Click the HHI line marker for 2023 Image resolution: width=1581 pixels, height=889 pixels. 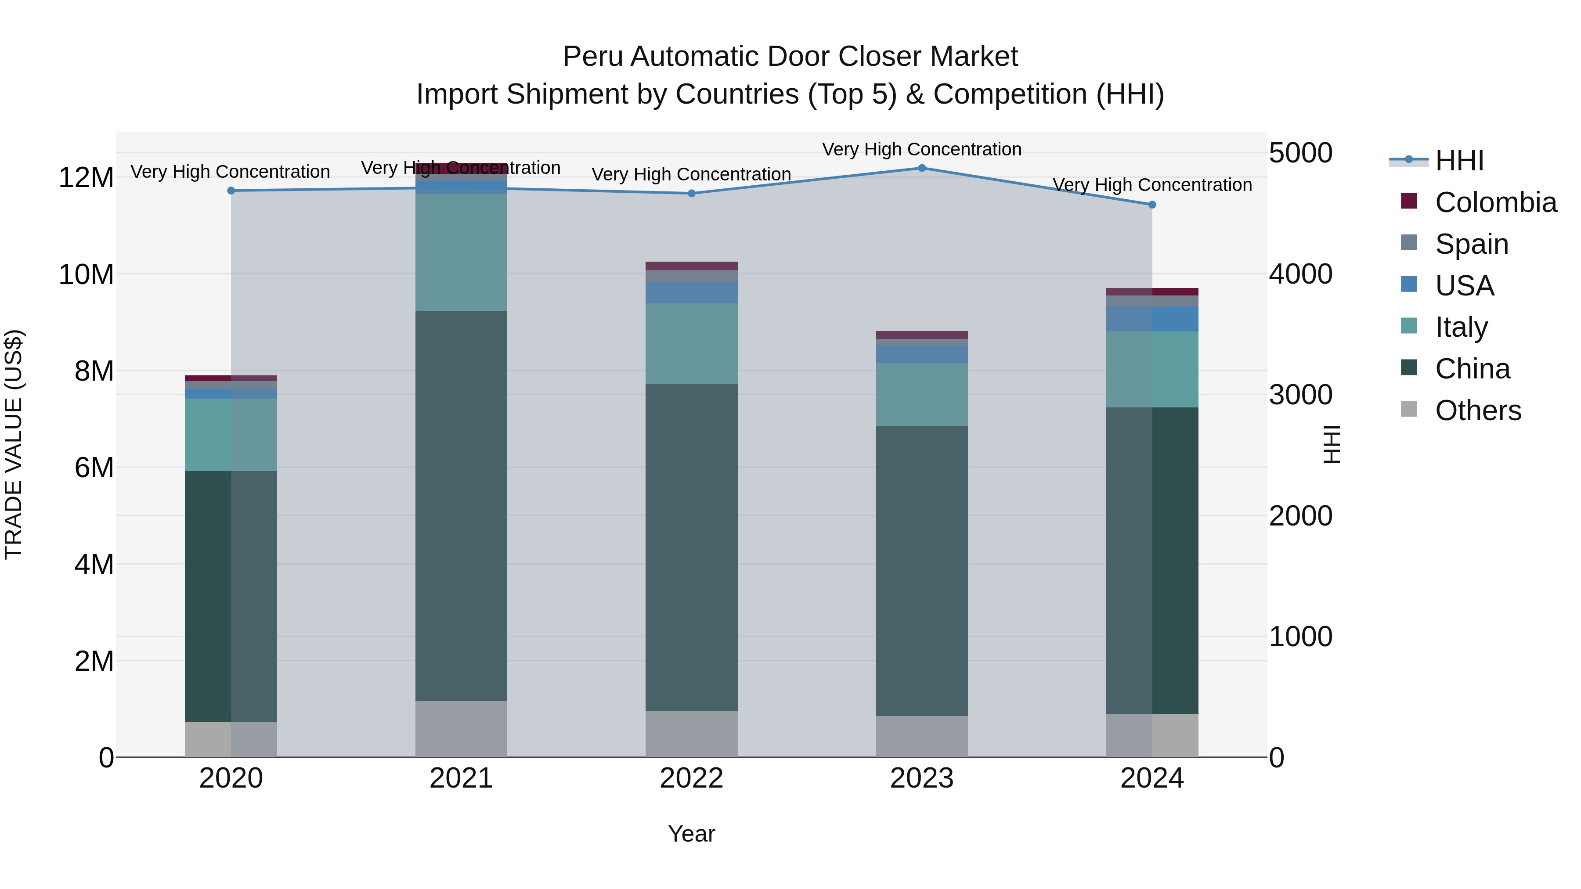click(x=921, y=168)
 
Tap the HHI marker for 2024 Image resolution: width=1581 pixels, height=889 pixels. click(x=1152, y=205)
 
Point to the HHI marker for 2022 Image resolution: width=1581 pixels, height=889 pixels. click(x=691, y=193)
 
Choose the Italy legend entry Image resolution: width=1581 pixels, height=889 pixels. click(x=1461, y=327)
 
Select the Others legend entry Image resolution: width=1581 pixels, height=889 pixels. click(x=1478, y=410)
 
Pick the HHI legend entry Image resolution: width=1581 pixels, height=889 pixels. click(x=1459, y=161)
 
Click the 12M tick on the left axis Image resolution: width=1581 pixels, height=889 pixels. click(x=86, y=178)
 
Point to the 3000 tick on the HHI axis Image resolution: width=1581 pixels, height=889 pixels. click(x=1300, y=395)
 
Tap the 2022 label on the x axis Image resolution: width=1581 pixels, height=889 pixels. click(x=691, y=778)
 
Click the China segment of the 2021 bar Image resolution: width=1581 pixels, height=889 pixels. click(x=461, y=506)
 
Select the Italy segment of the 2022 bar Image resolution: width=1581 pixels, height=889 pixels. click(x=691, y=344)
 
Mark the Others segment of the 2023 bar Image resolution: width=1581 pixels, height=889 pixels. click(x=921, y=736)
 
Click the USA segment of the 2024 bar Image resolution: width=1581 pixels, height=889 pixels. click(x=1152, y=319)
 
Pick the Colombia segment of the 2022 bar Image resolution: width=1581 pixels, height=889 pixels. click(x=691, y=266)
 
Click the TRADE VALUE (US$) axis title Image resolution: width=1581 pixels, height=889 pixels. click(x=14, y=444)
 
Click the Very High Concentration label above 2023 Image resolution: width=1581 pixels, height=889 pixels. click(x=921, y=150)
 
